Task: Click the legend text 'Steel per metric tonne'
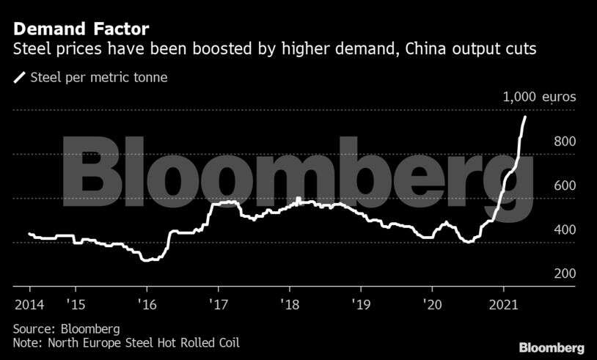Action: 99,76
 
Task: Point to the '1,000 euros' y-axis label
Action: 539,97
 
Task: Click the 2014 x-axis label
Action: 29,304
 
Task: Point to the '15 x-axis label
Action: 76,304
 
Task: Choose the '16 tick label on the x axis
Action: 147,304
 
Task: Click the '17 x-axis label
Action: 218,304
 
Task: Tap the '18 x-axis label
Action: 289,304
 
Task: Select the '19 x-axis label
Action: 360,304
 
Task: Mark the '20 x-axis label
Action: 431,304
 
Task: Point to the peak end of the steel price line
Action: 524,117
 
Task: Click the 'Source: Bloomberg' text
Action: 66,328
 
